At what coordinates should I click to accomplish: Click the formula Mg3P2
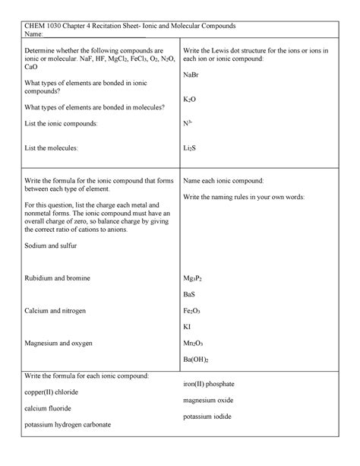click(x=192, y=279)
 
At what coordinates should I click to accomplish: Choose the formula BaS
click(x=189, y=294)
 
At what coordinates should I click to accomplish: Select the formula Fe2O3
click(x=191, y=311)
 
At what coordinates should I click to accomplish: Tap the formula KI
click(x=187, y=327)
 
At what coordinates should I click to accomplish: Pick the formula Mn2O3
click(x=193, y=343)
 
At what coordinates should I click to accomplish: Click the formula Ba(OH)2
click(x=196, y=360)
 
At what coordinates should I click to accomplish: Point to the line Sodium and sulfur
click(x=51, y=246)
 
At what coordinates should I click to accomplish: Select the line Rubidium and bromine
click(x=58, y=279)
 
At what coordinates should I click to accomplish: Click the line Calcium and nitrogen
click(x=55, y=311)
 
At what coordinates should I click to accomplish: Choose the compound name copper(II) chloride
click(x=52, y=392)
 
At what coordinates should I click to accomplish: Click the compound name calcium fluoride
click(x=48, y=408)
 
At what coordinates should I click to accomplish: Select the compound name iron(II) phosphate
click(x=215, y=384)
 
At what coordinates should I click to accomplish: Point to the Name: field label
click(x=35, y=33)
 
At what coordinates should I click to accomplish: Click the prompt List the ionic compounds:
click(x=61, y=122)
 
